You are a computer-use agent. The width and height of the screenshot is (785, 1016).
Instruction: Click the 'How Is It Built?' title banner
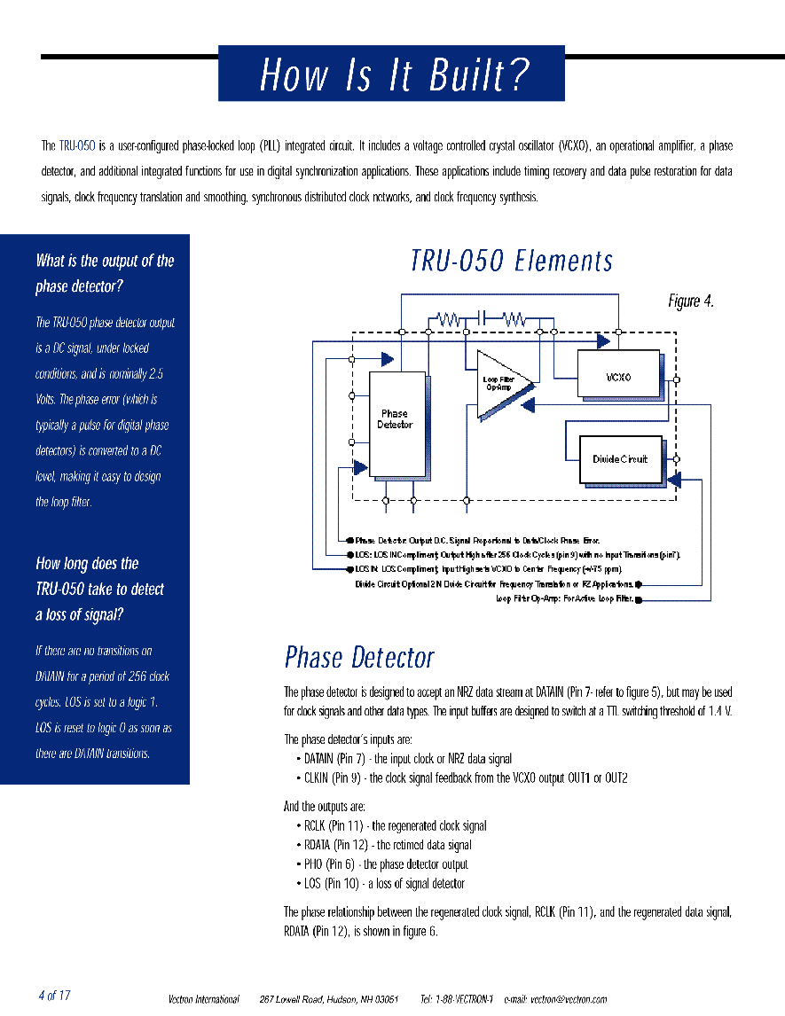391,74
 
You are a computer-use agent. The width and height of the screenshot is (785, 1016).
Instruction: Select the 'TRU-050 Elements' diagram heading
512,261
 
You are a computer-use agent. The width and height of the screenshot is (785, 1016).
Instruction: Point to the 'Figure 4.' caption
690,301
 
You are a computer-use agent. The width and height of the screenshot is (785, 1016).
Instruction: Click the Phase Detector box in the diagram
395,420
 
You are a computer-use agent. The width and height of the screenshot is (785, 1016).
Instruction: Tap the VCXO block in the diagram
618,376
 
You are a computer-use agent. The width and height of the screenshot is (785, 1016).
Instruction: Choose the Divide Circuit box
620,459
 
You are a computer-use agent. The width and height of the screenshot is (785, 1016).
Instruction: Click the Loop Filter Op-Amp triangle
500,384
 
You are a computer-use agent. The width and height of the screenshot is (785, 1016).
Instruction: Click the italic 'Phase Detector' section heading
359,658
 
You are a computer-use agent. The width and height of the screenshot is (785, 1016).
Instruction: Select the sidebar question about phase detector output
105,273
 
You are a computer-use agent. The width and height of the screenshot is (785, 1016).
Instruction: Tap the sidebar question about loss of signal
99,589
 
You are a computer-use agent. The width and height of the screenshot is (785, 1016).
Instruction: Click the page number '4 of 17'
54,996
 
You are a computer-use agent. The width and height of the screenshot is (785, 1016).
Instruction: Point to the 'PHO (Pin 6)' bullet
386,864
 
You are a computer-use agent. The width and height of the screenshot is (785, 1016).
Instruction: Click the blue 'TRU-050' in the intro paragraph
77,145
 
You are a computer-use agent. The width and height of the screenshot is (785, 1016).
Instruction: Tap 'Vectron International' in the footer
204,999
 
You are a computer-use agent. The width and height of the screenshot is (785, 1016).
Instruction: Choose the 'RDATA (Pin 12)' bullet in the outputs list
388,845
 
